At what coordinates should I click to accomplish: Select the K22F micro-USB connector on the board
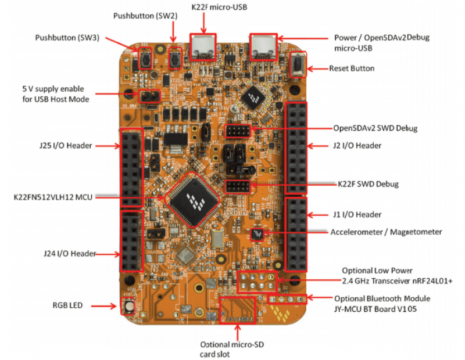coord(204,46)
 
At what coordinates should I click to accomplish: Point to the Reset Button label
coord(352,68)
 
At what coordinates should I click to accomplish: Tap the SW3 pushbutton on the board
coord(145,58)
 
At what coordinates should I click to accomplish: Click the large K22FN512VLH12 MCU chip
coord(192,198)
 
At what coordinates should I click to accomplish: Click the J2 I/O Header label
coord(357,145)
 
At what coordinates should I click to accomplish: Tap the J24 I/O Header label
coord(69,253)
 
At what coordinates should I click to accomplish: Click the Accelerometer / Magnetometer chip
coord(257,234)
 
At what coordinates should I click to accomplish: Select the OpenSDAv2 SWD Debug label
coord(375,128)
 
